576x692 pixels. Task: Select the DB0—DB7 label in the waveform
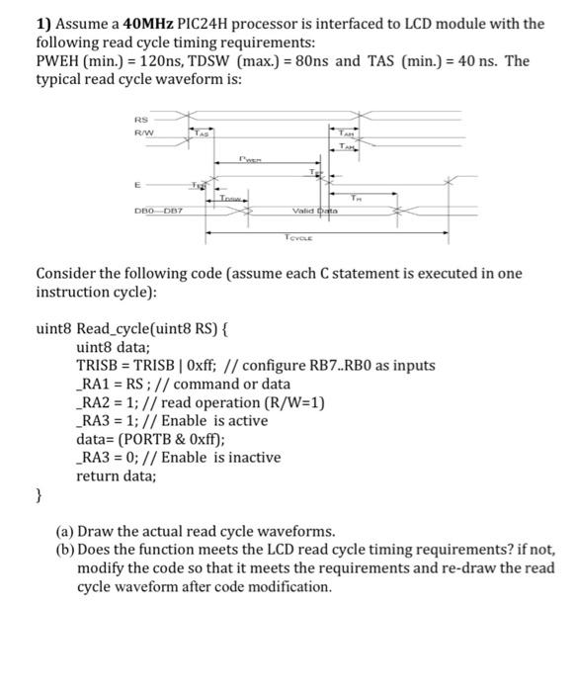tap(155, 211)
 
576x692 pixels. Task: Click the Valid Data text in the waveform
tap(315, 211)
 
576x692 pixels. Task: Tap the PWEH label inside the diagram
tap(250, 155)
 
